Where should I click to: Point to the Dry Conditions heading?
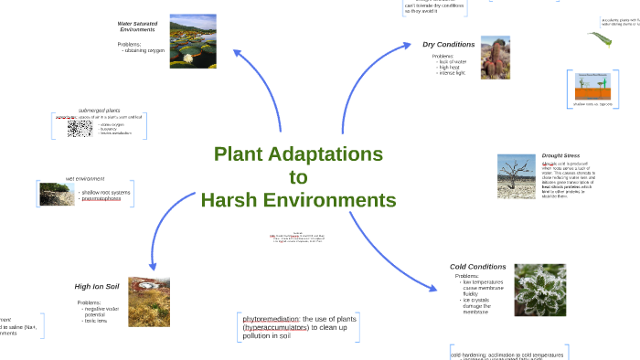(448, 44)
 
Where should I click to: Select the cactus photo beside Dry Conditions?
(495, 58)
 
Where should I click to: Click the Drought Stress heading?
(560, 155)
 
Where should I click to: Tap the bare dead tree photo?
(516, 175)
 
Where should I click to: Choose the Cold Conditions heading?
(477, 266)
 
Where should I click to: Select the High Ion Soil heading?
(96, 286)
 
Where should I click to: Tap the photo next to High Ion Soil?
(149, 302)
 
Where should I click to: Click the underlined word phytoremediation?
(272, 318)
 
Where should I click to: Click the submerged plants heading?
(100, 110)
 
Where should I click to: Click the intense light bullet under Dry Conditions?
(453, 73)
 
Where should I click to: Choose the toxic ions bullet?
(96, 322)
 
